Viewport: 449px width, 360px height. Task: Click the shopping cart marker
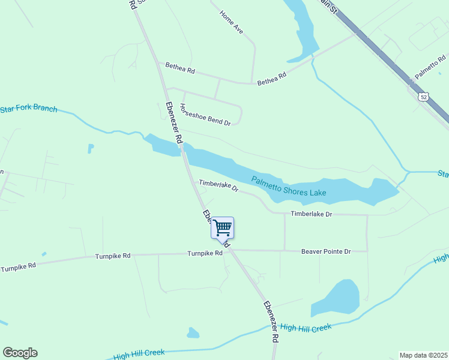[222, 227]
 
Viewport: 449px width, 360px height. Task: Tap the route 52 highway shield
[424, 97]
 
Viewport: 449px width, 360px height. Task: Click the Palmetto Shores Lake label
[289, 186]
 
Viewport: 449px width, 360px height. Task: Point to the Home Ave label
[231, 22]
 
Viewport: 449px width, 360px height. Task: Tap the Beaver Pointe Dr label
[325, 251]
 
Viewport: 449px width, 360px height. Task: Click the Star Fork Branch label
[29, 109]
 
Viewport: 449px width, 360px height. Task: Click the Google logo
[20, 353]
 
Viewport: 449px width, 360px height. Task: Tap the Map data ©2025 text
[423, 355]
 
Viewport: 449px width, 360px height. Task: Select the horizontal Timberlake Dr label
[311, 214]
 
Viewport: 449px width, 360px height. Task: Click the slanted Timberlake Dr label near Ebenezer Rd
[218, 185]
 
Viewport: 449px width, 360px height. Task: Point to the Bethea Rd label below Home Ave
[272, 79]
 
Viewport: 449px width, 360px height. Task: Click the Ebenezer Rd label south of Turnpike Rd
[271, 321]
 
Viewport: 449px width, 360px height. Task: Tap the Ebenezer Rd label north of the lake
[174, 122]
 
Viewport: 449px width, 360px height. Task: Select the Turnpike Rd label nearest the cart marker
[205, 254]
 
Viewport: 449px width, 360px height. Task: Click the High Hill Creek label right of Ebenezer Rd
[306, 328]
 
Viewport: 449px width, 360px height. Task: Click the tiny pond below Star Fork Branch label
[91, 148]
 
